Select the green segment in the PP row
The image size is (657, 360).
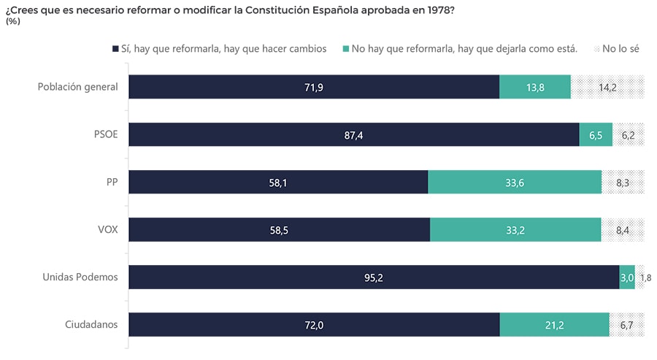515,183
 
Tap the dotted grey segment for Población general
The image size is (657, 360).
607,87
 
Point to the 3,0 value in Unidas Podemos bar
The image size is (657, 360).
627,277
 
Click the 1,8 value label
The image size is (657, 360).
646,277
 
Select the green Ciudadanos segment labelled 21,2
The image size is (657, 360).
554,325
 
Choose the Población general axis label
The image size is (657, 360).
78,87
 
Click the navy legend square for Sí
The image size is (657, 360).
115,49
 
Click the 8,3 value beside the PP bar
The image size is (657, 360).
623,183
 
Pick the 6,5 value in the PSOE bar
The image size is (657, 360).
596,134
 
